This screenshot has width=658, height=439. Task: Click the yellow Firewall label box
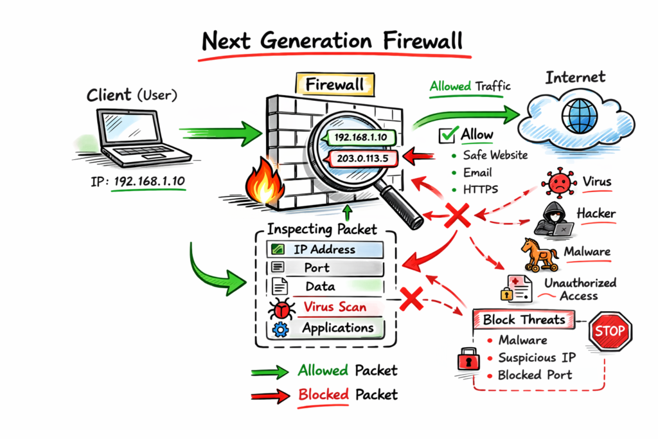point(333,84)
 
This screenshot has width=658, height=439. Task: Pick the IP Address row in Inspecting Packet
point(325,249)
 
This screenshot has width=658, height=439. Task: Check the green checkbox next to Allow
point(448,136)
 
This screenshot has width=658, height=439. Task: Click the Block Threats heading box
point(524,319)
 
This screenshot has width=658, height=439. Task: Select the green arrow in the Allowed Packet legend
point(269,372)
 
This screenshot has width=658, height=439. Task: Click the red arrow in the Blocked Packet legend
point(269,395)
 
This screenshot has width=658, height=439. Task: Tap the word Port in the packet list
point(317,268)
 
